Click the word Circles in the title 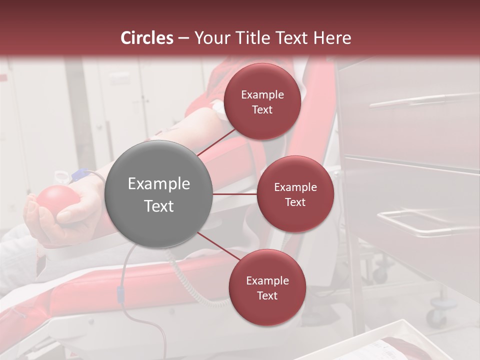147,38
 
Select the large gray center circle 158,194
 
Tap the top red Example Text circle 262,101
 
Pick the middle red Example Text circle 295,194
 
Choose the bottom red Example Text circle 267,287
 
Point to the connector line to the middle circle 234,194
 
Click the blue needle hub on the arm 79,174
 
